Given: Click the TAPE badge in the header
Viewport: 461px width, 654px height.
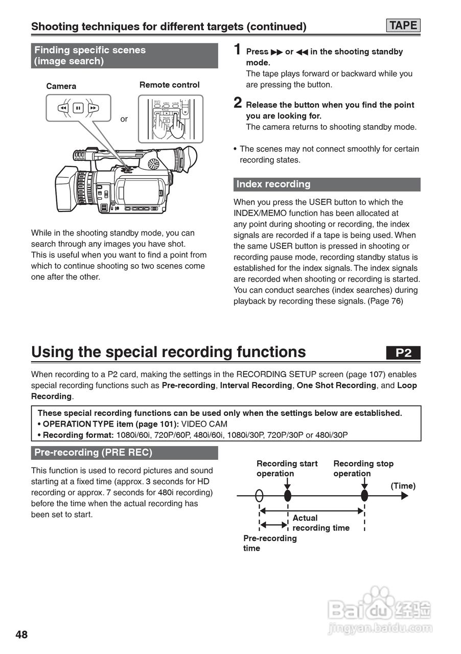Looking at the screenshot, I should tap(403, 26).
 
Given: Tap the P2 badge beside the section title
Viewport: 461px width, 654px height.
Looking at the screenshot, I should tap(403, 353).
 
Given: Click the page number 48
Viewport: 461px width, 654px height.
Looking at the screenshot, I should tap(21, 635).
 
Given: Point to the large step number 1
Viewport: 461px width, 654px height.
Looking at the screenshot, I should tap(238, 50).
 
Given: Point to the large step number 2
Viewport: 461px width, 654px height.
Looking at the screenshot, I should tap(238, 103).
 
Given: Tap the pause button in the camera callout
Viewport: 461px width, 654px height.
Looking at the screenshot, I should tap(78, 108).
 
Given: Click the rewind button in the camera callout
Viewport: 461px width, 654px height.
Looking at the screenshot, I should tap(62, 108).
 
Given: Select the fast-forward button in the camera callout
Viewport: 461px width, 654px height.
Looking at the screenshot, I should tap(93, 108).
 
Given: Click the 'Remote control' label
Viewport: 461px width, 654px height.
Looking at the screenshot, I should tap(169, 85).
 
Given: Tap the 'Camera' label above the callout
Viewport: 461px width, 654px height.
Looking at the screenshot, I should tap(61, 86).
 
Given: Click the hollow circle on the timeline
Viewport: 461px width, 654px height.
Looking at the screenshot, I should tap(260, 496).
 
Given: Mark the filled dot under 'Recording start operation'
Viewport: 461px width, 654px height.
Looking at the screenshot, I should tap(287, 496).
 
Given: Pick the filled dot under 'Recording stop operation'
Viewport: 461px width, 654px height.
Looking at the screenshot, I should tap(364, 496).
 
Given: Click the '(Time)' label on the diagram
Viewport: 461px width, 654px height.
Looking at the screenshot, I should tap(403, 486).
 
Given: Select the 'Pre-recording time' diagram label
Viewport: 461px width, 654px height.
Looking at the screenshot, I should tap(269, 543).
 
